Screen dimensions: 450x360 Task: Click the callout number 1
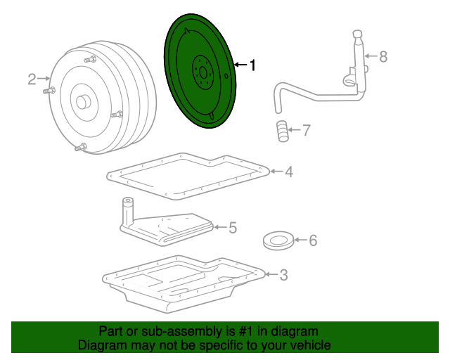click(252, 65)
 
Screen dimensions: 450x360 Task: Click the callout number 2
click(32, 79)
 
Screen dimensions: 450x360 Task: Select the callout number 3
click(283, 275)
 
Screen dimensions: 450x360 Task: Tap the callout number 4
click(288, 171)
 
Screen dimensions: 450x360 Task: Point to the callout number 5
click(232, 227)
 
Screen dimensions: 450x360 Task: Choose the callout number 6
click(312, 241)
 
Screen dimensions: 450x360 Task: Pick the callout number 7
click(305, 130)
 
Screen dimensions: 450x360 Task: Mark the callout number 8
click(383, 57)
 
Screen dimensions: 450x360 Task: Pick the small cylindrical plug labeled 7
click(282, 131)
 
